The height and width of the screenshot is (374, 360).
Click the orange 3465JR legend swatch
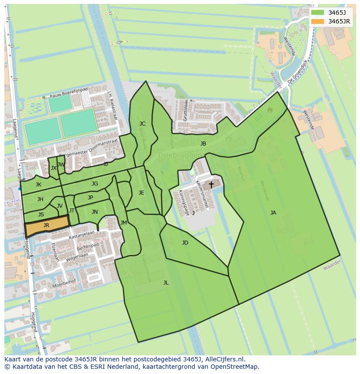tap(317, 21)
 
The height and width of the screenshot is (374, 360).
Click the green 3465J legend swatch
tap(317, 12)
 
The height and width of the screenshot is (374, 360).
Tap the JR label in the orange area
tap(46, 225)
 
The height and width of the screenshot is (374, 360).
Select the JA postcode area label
tap(273, 212)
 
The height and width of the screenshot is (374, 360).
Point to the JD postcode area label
tap(185, 242)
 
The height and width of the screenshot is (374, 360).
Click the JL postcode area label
tap(166, 282)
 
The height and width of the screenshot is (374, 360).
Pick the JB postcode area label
tap(203, 143)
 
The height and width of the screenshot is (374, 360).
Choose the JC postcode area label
tap(142, 123)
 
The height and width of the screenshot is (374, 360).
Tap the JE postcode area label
tap(141, 192)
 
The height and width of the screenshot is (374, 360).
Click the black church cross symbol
tap(211, 185)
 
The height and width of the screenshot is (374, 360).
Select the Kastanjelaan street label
tap(82, 235)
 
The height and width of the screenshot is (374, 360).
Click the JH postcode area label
tap(40, 199)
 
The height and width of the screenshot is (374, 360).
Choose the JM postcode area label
tap(123, 223)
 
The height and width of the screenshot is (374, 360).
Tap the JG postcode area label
tap(95, 184)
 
